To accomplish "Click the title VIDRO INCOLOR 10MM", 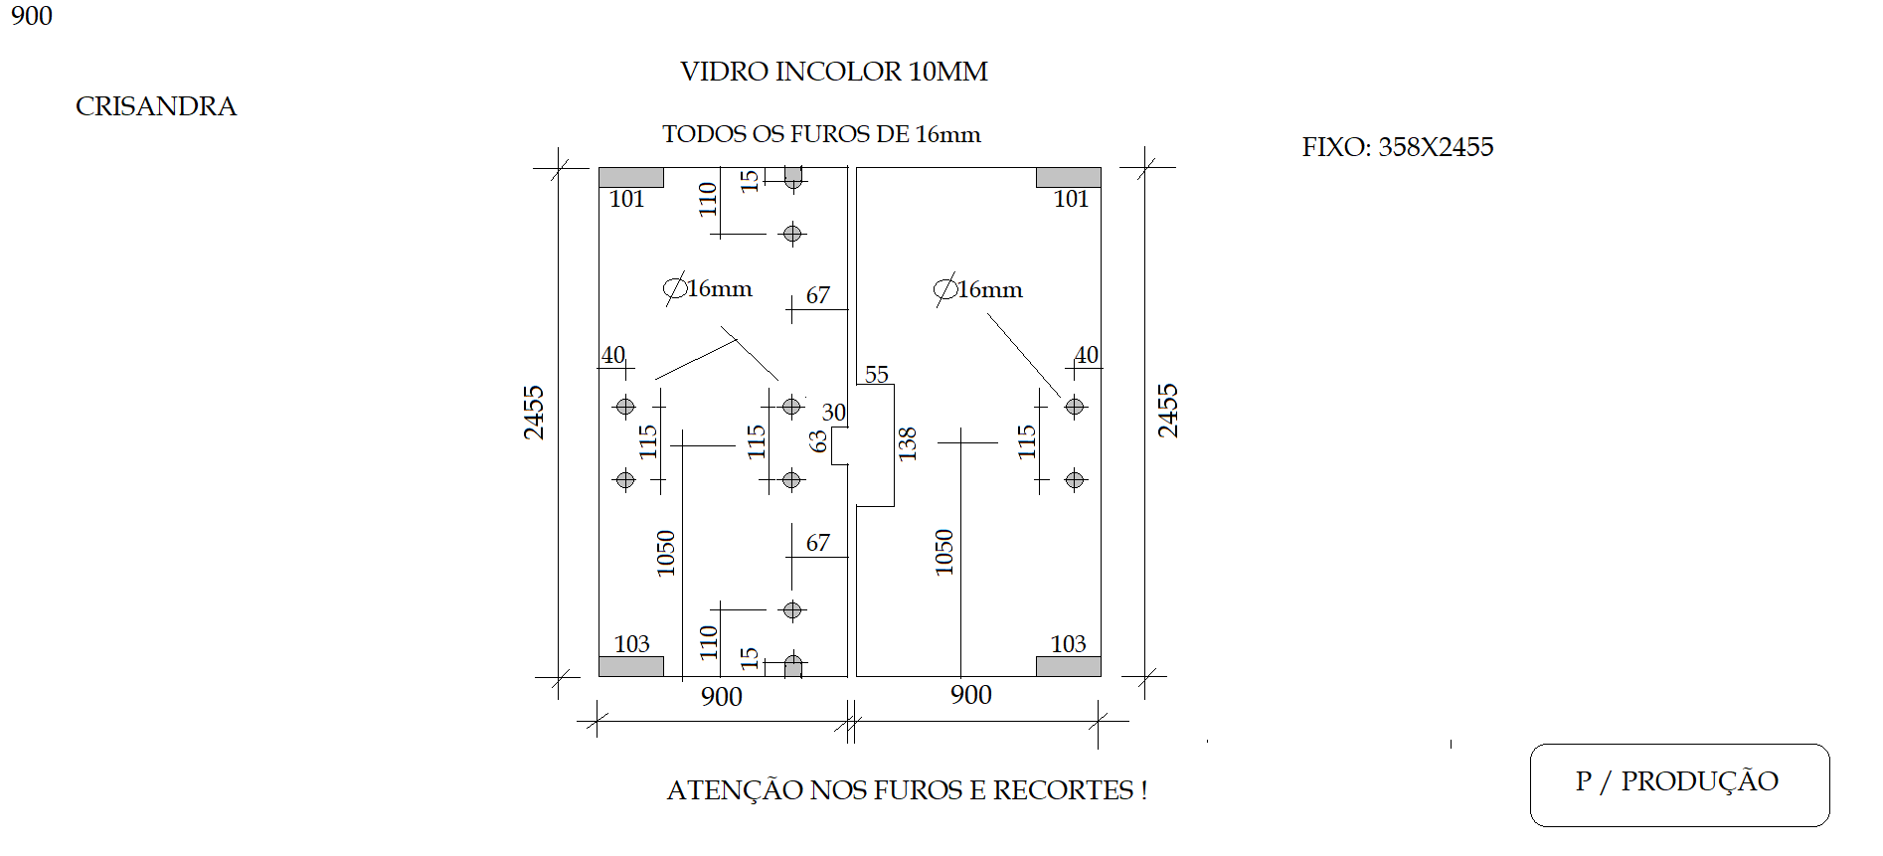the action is [833, 72].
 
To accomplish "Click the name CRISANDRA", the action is [156, 106].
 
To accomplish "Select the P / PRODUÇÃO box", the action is [1679, 784].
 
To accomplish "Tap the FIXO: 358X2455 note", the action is [1398, 147].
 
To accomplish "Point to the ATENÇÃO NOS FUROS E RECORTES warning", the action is [907, 790].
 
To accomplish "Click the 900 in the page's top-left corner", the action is [32, 16].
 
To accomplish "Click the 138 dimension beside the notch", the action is [907, 443].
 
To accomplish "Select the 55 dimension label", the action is [876, 375].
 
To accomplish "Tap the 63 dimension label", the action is [818, 440].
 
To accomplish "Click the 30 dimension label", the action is [834, 412].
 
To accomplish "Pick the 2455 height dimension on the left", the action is [534, 412].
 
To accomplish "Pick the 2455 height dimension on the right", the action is [1167, 411].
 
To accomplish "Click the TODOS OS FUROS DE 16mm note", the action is [821, 134].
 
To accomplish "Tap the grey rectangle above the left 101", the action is [631, 177].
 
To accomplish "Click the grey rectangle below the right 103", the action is [1069, 666].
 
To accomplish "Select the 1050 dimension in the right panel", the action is [943, 552].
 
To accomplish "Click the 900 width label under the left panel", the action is [722, 696].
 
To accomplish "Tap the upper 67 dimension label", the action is [817, 295].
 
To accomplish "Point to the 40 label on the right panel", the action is [1087, 355].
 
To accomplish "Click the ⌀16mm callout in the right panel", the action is [978, 289].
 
